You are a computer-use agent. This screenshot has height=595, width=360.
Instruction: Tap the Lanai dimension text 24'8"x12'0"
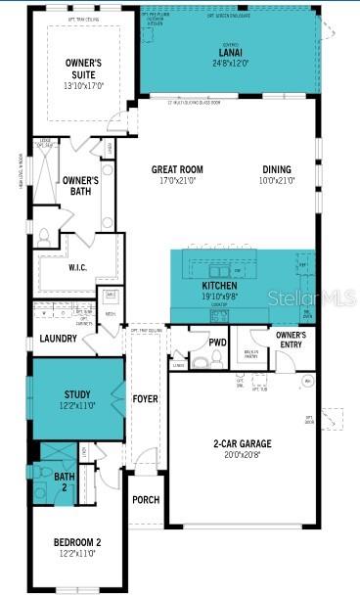point(231,63)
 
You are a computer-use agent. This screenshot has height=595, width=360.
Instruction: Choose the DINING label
point(276,169)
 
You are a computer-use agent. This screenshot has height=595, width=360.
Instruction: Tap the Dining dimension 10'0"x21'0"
point(276,180)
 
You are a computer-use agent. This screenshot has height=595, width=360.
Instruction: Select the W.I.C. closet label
point(79,267)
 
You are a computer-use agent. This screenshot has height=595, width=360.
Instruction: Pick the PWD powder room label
point(218,343)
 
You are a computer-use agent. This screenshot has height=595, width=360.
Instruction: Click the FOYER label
point(145,399)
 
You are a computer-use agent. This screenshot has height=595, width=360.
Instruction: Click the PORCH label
point(146,499)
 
